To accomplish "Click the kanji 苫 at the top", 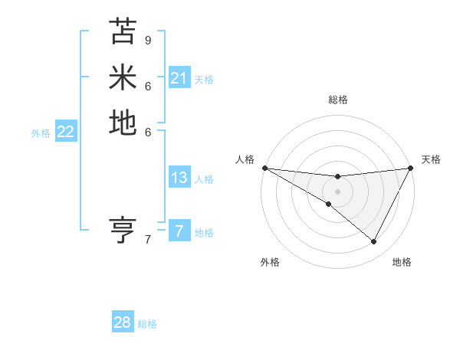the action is coord(123,31).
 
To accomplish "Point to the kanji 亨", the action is coord(123,229).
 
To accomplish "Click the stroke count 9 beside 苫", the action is coord(148,40).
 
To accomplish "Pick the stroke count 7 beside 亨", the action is coord(148,240).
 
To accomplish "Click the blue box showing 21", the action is coord(179,78).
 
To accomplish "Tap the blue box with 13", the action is coord(179,178).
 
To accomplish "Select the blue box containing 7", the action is coord(179,231).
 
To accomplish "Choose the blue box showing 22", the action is coord(65,132).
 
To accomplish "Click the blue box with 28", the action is coord(122,322).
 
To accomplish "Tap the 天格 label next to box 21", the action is coord(204,79).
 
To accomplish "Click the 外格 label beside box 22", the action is coord(41,133).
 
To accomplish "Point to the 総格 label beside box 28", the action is coord(147,324).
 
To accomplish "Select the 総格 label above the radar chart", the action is coord(337,100).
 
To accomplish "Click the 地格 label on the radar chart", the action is coord(402,262).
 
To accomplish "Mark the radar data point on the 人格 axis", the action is coord(264,167).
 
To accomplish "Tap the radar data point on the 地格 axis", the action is coord(374,242).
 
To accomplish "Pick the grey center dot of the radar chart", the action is coord(337,191).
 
